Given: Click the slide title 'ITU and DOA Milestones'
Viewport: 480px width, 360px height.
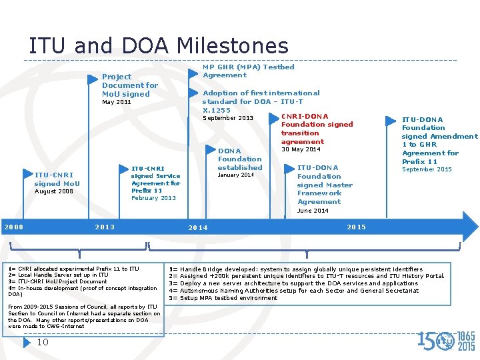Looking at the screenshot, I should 158,46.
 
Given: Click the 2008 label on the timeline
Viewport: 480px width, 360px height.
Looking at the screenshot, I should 14,227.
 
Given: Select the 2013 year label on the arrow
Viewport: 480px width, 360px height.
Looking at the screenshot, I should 105,227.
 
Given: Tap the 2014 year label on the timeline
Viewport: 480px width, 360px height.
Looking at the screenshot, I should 198,228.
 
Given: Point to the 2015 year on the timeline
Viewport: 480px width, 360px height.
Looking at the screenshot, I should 357,227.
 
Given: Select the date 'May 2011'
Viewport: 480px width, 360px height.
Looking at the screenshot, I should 116,103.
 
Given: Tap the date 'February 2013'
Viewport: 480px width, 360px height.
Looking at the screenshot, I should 153,198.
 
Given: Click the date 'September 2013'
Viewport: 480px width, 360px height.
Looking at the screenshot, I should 227,119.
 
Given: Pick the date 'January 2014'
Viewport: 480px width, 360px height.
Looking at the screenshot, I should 237,175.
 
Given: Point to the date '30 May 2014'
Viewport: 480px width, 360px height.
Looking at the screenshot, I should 301,149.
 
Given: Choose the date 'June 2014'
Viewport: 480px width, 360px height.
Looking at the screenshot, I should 313,211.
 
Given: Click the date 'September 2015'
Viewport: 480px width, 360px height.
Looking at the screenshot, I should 426,170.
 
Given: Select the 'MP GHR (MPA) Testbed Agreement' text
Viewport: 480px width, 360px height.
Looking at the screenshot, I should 248,71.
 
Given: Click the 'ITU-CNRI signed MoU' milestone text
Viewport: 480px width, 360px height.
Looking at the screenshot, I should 57,179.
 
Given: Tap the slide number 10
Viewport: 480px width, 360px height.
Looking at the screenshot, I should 43,343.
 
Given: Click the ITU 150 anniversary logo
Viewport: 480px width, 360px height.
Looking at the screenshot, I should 446,341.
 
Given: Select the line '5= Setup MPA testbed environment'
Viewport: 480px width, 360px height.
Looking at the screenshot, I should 223,298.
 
